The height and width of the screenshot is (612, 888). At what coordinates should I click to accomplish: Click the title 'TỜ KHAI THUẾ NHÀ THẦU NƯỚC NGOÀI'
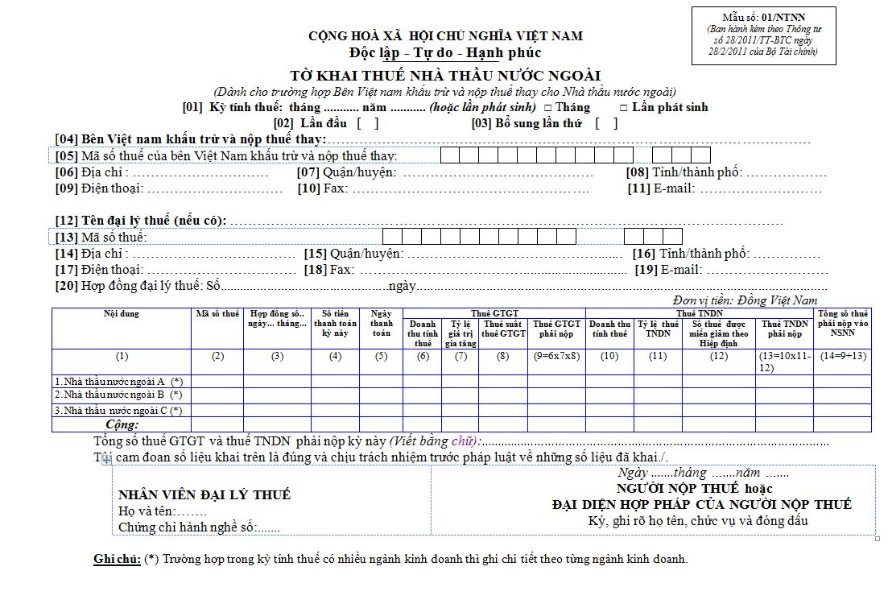point(445,76)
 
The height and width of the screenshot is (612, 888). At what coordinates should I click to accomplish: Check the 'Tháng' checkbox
point(548,108)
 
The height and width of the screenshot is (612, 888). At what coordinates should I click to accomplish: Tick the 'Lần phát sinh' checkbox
point(624,108)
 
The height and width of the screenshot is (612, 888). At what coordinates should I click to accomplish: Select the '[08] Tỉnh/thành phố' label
point(682,172)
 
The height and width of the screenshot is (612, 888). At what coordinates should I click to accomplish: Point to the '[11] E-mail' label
point(661,188)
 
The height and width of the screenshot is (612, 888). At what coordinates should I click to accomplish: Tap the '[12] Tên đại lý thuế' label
point(140,221)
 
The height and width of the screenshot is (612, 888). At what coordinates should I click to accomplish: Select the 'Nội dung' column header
point(122,313)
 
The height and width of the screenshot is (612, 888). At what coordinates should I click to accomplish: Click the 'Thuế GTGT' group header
point(494,313)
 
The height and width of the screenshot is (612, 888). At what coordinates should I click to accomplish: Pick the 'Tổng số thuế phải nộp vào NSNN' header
point(842,318)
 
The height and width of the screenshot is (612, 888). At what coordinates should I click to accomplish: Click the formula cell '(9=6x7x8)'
point(556,356)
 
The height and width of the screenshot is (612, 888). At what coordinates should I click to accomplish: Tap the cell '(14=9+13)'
point(842,356)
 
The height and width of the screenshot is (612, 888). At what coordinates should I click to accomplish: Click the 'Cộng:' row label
point(122,424)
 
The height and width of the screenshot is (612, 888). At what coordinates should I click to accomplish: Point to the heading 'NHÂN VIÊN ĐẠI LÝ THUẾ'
point(204,494)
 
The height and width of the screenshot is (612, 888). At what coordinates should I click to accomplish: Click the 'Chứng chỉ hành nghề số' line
point(198,527)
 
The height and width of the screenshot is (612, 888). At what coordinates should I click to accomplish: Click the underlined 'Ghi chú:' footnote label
point(118,559)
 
